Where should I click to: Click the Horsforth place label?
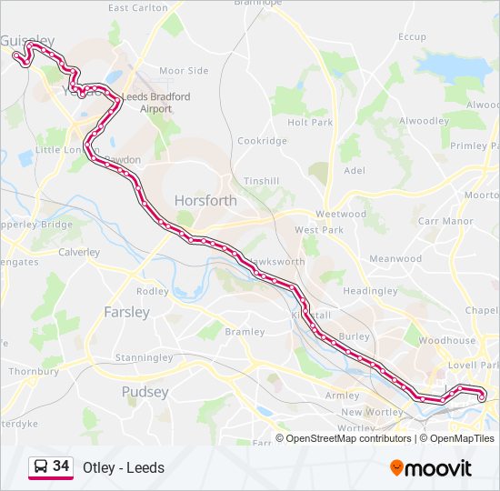pyautogui.click(x=205, y=201)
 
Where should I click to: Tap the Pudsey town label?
pyautogui.click(x=145, y=392)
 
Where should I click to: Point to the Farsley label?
pyautogui.click(x=127, y=312)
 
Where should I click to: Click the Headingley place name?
pyautogui.click(x=370, y=291)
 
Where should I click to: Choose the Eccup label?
pyautogui.click(x=412, y=36)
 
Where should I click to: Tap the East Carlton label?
pyautogui.click(x=137, y=8)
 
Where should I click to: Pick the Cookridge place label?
pyautogui.click(x=262, y=141)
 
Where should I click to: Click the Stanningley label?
pyautogui.click(x=144, y=358)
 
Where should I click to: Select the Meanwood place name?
pyautogui.click(x=395, y=259)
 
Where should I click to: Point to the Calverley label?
pyautogui.click(x=79, y=253)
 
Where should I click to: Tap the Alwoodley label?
pyautogui.click(x=424, y=120)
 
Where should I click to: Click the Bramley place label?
pyautogui.click(x=244, y=333)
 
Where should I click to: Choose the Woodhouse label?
pyautogui.click(x=447, y=341)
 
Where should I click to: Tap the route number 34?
pyautogui.click(x=61, y=466)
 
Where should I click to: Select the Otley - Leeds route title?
pyautogui.click(x=124, y=468)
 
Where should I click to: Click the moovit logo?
pyautogui.click(x=431, y=468)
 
